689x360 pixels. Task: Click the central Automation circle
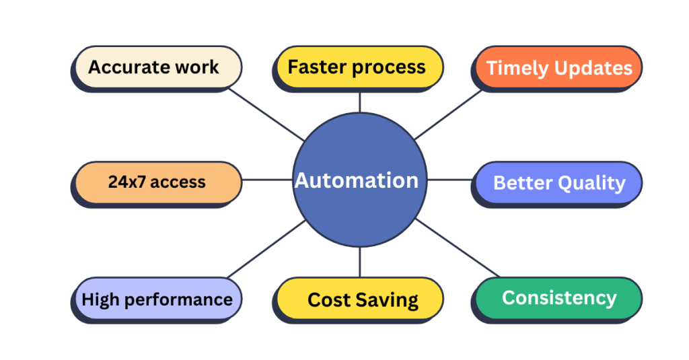point(360,180)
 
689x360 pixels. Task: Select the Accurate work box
point(157,69)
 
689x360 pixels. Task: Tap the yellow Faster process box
point(358,69)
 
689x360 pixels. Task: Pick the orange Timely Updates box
point(556,69)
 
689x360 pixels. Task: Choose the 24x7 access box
point(157,184)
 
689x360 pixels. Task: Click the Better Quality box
point(556,184)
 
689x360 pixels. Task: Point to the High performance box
point(157,300)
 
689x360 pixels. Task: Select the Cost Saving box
point(358,300)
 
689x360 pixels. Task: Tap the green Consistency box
point(556,300)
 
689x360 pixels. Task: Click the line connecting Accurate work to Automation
point(266,114)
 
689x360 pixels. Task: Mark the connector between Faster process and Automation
point(360,102)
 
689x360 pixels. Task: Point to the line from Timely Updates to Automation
point(448,114)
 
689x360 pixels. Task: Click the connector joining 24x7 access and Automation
point(268,180)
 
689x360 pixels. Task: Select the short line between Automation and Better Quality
point(449,180)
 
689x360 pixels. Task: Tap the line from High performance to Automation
point(266,249)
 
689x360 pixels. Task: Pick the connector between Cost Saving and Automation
point(360,262)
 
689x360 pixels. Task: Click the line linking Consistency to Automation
point(458,248)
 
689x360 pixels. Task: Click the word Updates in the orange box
point(593,69)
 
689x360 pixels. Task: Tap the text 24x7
point(126,182)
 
